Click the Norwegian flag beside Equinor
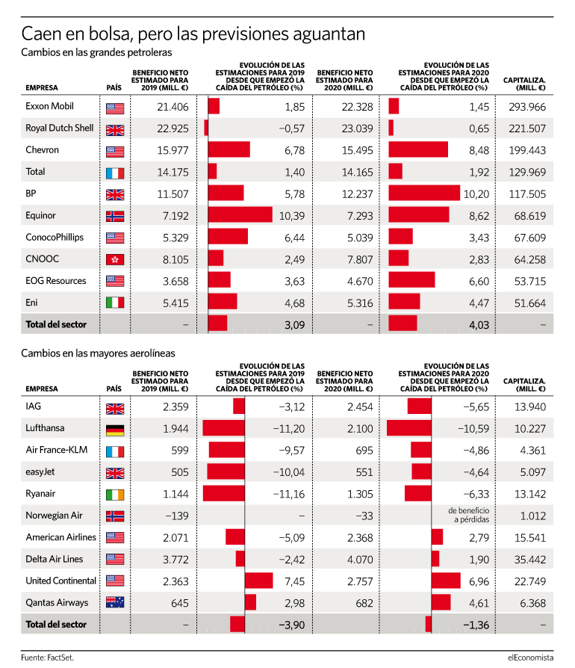point(115,216)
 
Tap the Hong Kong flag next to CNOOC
point(115,259)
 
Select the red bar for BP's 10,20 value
point(424,193)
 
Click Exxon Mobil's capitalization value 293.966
point(527,107)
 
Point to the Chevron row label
point(42,150)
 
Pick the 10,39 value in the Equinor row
point(292,216)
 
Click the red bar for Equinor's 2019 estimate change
point(240,214)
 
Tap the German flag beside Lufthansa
point(115,430)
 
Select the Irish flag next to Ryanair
point(115,495)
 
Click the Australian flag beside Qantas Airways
point(115,602)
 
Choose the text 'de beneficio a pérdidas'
point(469,515)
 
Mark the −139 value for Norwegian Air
point(177,516)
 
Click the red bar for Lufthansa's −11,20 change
point(224,427)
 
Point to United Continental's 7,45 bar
point(259,581)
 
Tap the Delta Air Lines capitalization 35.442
point(530,560)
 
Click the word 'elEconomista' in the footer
point(531,658)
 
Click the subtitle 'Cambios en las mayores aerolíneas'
point(99,353)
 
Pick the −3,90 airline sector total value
point(292,625)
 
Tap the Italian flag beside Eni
point(115,303)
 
